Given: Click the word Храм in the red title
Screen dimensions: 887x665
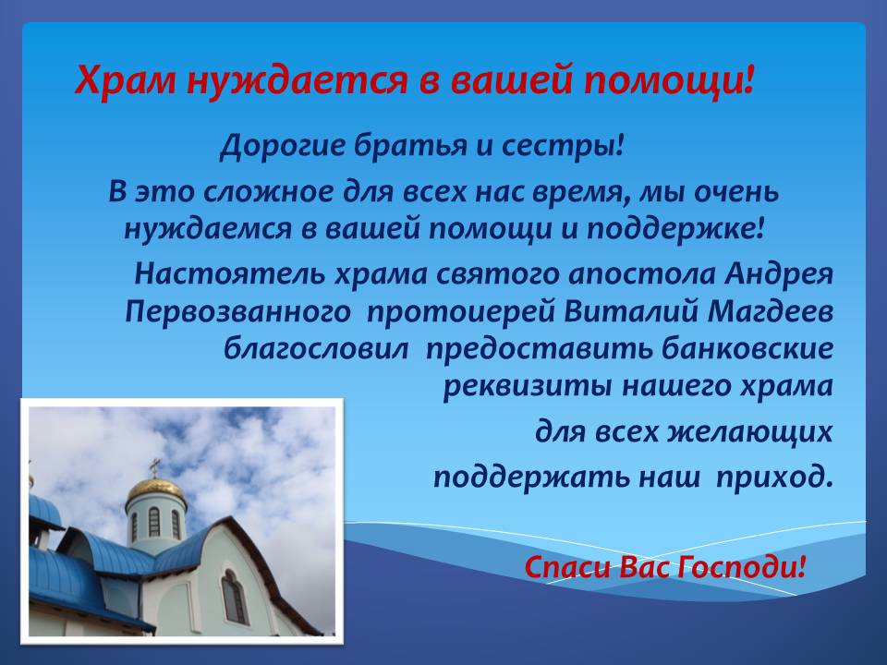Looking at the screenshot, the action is coord(126,79).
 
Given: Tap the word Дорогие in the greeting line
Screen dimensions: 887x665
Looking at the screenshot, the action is coord(282,147).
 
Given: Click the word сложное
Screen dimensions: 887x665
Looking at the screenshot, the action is coord(268,192).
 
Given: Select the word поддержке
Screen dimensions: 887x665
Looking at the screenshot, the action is coord(674,228).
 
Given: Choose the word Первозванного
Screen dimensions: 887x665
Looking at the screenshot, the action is coord(237,313).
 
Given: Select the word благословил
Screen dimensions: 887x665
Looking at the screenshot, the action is coord(316,349).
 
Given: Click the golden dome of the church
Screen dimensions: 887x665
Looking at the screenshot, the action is coord(155,490).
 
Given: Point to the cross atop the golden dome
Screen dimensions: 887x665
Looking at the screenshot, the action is coord(154,467).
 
